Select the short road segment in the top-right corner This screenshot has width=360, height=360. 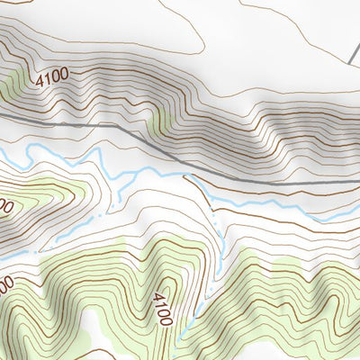pyautogui.click(x=354, y=49)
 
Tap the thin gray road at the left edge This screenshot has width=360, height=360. pyautogui.click(x=3, y=116)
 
